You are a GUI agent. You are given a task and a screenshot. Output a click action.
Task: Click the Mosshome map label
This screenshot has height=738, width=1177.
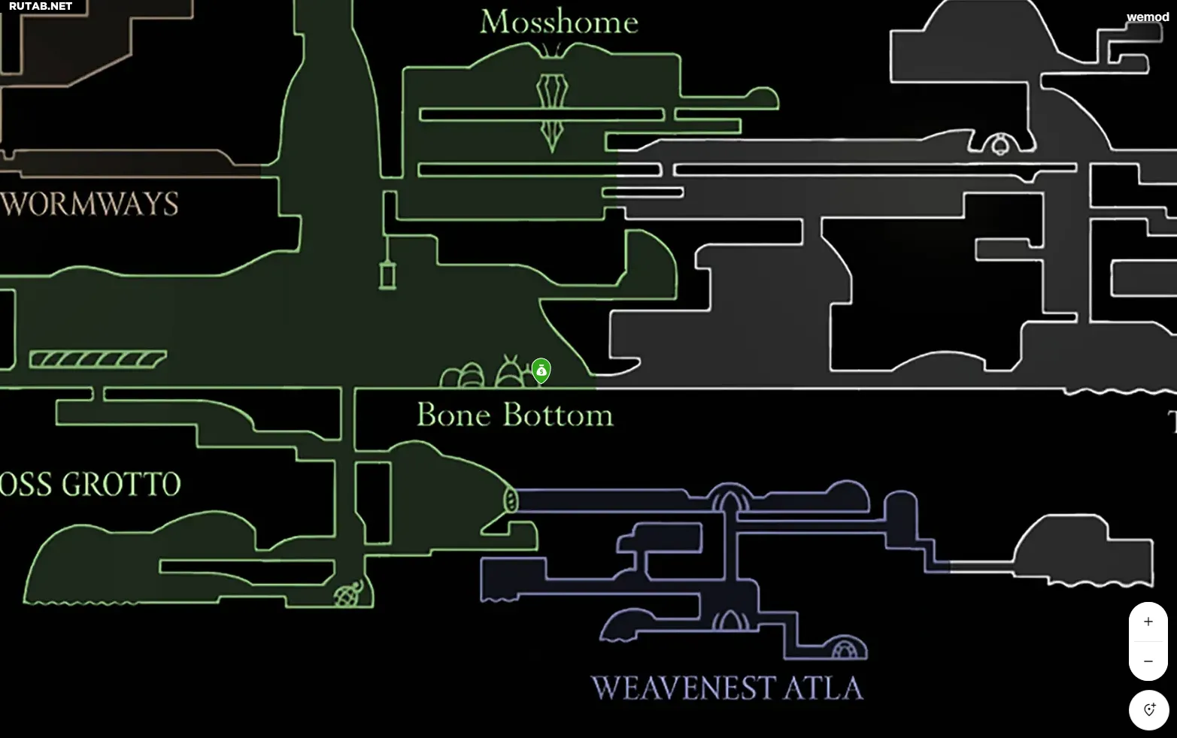pos(559,23)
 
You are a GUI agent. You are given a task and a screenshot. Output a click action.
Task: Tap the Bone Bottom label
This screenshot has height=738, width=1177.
pos(514,415)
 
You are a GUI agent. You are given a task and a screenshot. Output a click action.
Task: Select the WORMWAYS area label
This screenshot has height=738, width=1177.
pos(89,204)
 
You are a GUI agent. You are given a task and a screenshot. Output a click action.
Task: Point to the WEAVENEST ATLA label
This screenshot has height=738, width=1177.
pos(727,688)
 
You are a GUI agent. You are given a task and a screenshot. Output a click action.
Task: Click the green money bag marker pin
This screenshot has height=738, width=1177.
pos(541,370)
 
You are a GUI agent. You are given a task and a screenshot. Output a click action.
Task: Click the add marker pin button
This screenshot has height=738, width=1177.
pos(1148,709)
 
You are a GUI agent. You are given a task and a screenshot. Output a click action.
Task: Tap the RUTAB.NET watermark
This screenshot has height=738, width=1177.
pos(41,7)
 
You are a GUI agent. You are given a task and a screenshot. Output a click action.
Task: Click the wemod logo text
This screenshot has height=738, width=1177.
pos(1148,17)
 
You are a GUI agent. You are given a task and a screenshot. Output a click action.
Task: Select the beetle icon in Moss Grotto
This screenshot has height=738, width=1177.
pos(348,594)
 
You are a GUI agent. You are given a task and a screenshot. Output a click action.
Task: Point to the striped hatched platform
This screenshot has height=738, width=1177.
pos(98,359)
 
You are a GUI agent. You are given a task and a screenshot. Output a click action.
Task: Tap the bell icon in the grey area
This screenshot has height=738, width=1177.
pos(1000,144)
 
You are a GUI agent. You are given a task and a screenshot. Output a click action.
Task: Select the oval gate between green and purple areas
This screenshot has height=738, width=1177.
pos(511,500)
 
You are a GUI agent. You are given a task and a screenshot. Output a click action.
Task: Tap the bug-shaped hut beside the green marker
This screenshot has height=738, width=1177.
pos(511,373)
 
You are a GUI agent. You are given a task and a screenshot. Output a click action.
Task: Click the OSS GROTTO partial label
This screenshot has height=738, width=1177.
pos(90,485)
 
